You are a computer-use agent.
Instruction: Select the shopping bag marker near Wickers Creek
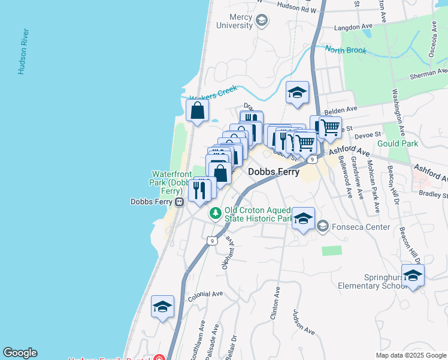198,111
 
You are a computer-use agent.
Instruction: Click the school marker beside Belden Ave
297,93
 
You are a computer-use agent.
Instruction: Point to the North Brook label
346,50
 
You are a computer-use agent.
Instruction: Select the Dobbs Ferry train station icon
179,202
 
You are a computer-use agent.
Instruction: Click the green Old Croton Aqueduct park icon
215,213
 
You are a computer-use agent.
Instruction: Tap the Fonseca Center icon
323,226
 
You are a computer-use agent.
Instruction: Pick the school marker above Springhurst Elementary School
413,275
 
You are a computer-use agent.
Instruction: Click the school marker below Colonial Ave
162,307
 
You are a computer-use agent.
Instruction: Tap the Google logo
20,353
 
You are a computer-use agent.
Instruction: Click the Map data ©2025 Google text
410,355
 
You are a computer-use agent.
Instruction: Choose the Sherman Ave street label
428,76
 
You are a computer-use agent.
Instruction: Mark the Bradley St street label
434,195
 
